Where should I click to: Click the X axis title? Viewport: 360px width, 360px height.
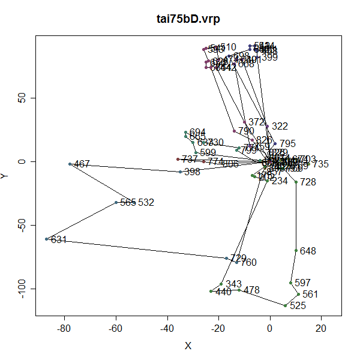(188, 346)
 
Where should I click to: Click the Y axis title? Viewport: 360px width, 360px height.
(6, 175)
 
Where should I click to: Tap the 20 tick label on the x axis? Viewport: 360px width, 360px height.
(321, 328)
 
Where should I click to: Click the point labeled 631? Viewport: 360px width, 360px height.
(46, 239)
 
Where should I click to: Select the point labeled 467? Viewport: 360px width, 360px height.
(70, 164)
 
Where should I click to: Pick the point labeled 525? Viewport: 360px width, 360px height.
(285, 305)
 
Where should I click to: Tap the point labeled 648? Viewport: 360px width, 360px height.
(296, 250)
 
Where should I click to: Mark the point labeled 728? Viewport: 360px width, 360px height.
(296, 182)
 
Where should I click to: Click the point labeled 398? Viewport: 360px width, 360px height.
(180, 172)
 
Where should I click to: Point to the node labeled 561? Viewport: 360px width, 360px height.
(298, 294)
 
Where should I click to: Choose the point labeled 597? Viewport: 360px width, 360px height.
(290, 283)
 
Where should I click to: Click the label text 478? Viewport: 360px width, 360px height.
(251, 290)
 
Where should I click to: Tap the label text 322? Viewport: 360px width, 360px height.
(280, 126)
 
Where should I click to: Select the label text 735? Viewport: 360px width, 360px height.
(320, 164)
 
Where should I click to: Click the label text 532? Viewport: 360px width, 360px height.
(146, 202)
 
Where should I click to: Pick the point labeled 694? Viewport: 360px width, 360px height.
(185, 132)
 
